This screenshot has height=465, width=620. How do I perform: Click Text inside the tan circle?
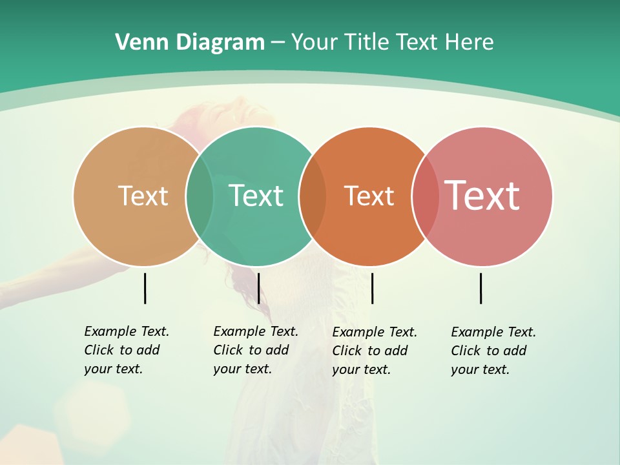(143, 196)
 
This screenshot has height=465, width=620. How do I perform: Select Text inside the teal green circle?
(256, 196)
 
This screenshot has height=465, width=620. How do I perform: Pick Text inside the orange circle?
(369, 196)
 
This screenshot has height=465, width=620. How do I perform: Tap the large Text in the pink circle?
(482, 196)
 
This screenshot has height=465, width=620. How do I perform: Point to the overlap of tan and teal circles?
(200, 196)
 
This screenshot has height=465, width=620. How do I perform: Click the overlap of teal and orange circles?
(313, 196)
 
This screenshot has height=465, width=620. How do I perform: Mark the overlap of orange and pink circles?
(426, 196)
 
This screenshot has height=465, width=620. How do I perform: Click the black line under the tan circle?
(145, 288)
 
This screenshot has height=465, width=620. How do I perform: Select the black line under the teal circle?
(258, 288)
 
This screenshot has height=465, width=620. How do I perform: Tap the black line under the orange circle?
(372, 288)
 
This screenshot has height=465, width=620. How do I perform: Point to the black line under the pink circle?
(480, 288)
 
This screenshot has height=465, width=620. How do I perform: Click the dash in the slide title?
(278, 43)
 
